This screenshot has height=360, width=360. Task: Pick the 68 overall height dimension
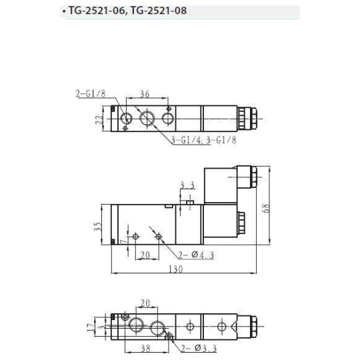[x=265, y=207]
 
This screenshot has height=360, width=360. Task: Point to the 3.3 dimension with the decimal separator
[x=187, y=185]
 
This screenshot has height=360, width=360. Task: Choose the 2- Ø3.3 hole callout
[x=191, y=347]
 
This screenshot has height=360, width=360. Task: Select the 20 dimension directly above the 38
[x=145, y=303]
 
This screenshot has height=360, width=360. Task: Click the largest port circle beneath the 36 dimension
[x=147, y=119]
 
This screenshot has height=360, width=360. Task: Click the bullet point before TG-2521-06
[x=63, y=12]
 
